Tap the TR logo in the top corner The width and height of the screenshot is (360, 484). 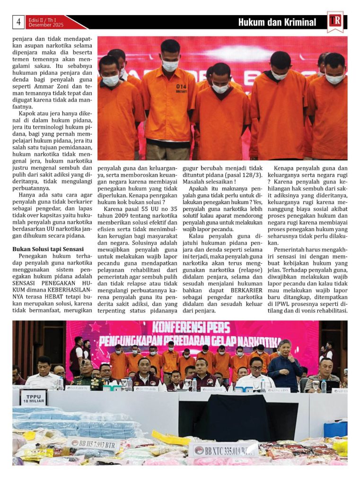tap(335, 22)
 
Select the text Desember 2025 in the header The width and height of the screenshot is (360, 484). tap(43, 25)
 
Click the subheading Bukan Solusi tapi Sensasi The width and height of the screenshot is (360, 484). tap(48, 249)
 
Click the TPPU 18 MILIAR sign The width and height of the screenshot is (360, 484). tap(34, 397)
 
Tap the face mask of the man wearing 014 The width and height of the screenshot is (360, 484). tap(170, 66)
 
